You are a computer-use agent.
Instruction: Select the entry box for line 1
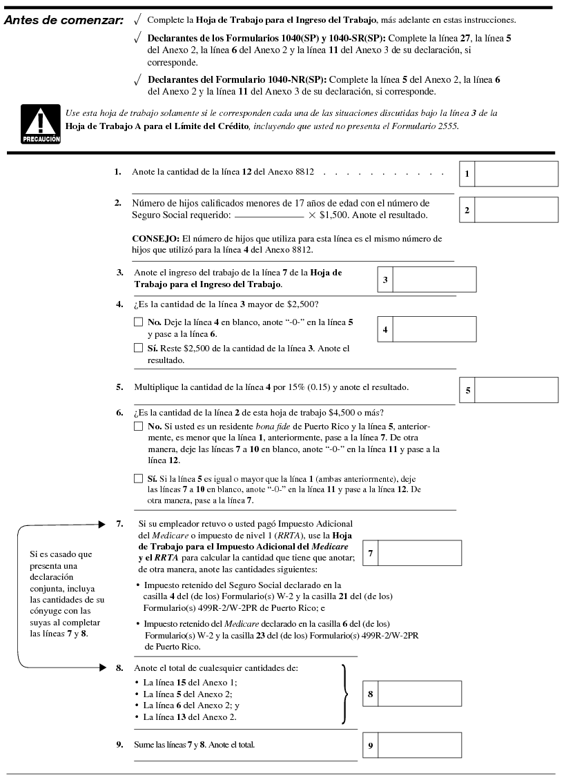click(516, 174)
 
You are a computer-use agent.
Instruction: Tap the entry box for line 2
click(516, 210)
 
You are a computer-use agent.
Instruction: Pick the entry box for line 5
click(516, 390)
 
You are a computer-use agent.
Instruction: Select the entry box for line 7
click(420, 553)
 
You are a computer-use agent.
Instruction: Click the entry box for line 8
click(420, 693)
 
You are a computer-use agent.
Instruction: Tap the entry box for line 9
click(420, 745)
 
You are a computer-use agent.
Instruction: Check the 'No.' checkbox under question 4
click(138, 322)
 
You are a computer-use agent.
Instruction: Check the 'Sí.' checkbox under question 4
click(138, 349)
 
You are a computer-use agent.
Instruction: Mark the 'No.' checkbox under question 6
click(138, 427)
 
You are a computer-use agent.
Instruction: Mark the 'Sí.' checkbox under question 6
click(138, 478)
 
